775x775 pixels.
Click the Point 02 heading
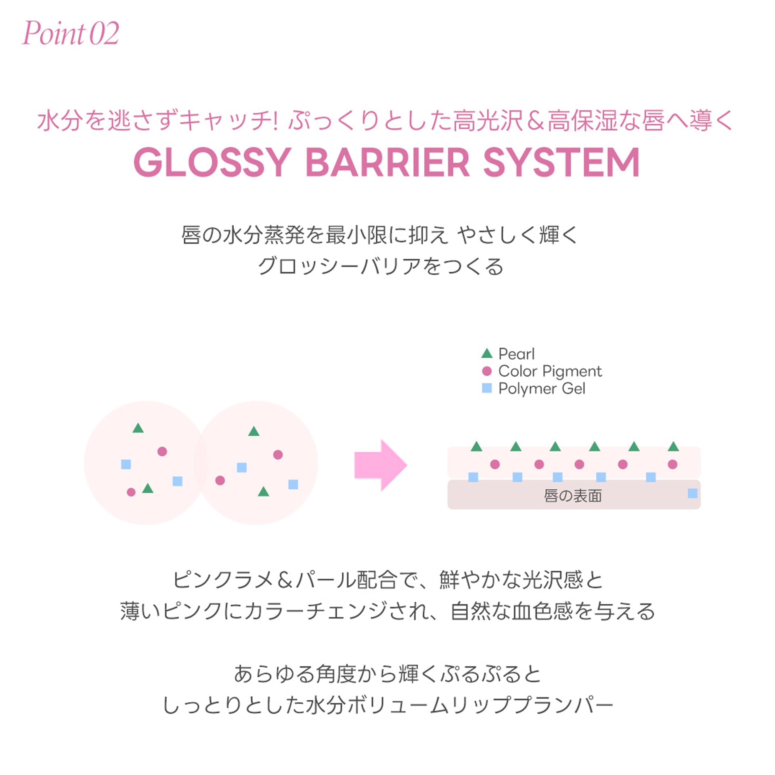pos(71,33)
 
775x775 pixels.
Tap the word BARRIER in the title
pos(387,162)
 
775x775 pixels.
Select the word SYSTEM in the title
pos(561,162)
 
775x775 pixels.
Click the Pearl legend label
pos(516,354)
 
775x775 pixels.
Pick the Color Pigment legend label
pos(550,371)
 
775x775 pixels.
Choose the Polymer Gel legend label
pos(542,388)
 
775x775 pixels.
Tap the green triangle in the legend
pos(487,354)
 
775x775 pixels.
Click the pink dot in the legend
pos(487,371)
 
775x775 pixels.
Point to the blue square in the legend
pos(487,388)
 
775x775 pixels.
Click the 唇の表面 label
pos(572,496)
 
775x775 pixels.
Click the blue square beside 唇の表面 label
pos(692,493)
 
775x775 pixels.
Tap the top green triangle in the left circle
pos(138,428)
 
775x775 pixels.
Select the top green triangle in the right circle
pos(253,431)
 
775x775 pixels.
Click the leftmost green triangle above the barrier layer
pos(476,447)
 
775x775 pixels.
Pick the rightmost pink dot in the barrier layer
pos(672,464)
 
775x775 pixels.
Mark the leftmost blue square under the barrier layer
pos(473,477)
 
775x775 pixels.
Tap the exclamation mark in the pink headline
pos(276,120)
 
